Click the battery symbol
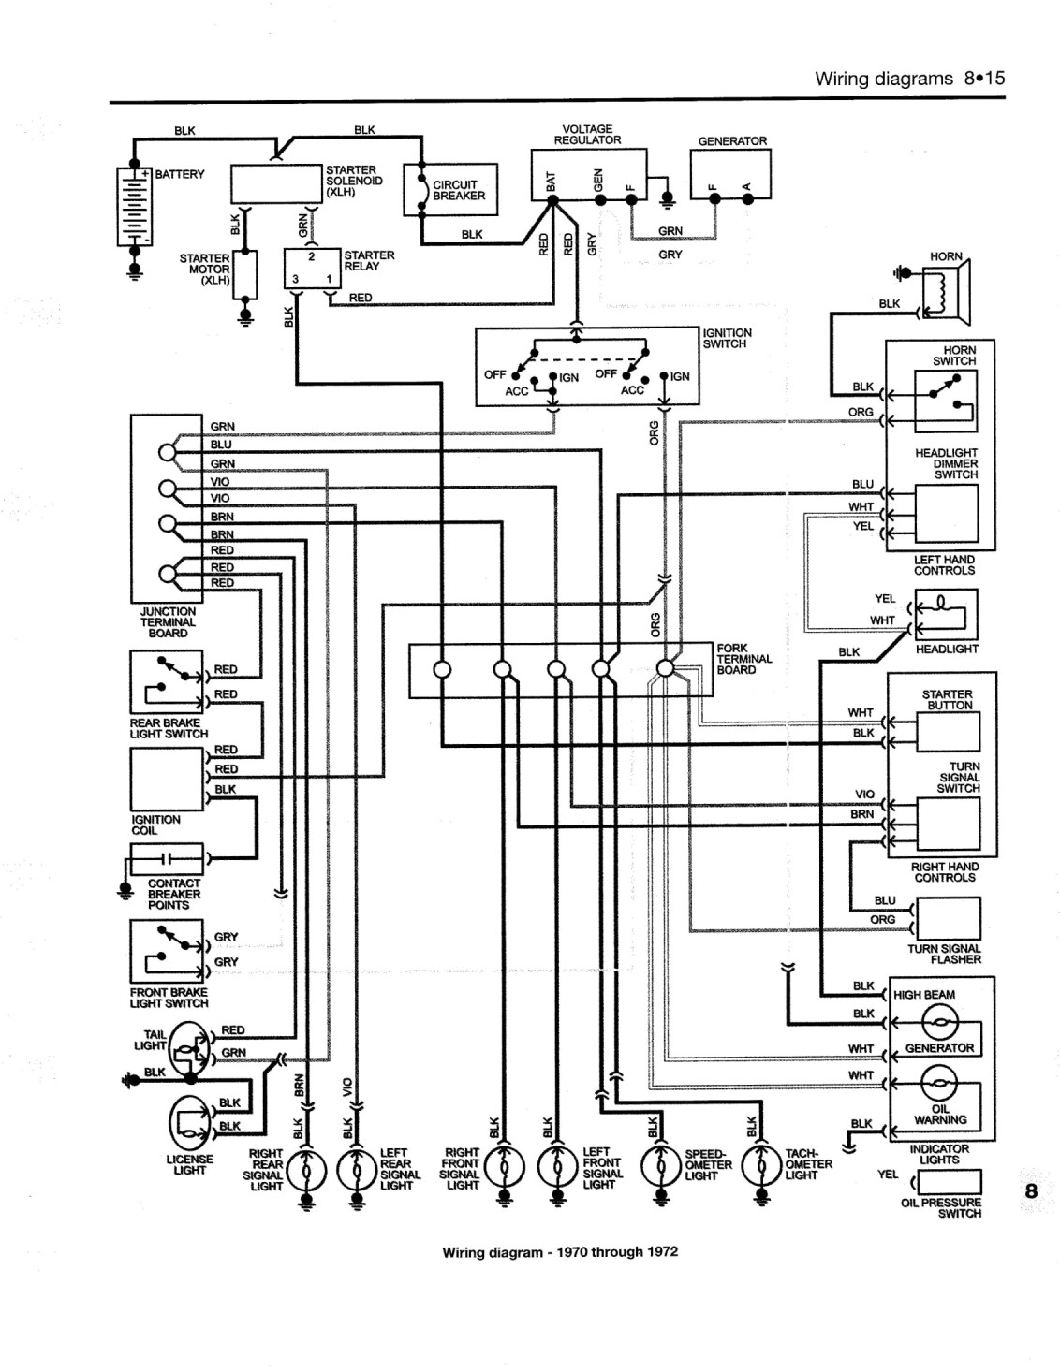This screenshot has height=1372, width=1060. click(135, 206)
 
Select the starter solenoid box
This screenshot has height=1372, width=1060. click(276, 183)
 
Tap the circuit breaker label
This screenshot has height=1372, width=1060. click(459, 190)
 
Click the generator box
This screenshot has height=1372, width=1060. click(730, 174)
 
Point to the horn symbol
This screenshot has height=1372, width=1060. click(947, 292)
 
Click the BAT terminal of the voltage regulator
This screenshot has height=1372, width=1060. click(552, 200)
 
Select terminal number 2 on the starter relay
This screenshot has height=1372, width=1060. click(312, 257)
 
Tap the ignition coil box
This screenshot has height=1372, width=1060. click(167, 779)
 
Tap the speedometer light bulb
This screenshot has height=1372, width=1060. click(660, 1166)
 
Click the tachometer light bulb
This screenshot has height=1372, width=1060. click(761, 1166)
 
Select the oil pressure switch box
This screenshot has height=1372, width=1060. click(950, 1181)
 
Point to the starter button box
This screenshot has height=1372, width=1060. click(948, 732)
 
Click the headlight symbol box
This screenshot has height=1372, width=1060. click(947, 614)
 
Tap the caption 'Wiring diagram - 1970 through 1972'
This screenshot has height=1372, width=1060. click(560, 1251)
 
